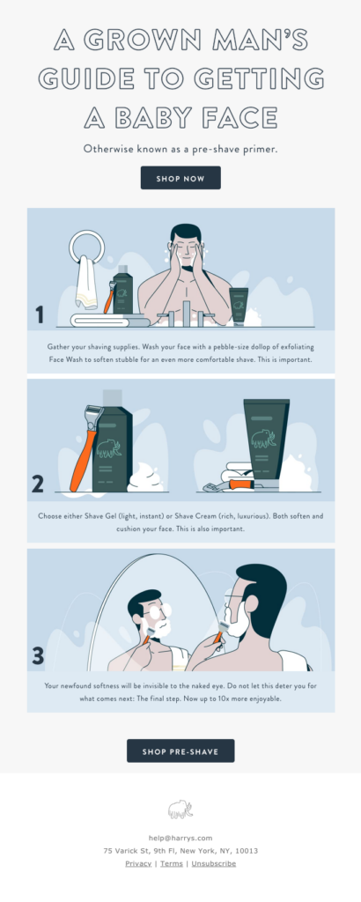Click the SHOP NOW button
point(180,178)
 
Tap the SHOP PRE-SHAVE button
point(180,750)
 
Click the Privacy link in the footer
point(138,864)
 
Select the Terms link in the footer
point(172,864)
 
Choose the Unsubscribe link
point(213,864)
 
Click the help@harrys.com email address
point(180,838)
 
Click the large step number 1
point(39,314)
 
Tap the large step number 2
point(38,484)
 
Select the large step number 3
point(38,656)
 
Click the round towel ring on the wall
point(89,250)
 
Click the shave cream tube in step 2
point(265,440)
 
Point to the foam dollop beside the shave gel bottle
point(147,480)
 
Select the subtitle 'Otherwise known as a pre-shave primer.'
point(180,149)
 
